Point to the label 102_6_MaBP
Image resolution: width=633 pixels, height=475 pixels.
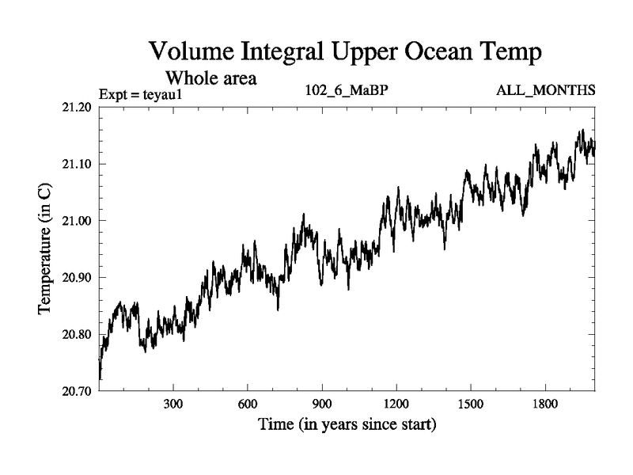pos(347,91)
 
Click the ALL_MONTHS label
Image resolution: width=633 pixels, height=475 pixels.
pos(545,91)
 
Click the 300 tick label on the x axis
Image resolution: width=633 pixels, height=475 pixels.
pos(173,405)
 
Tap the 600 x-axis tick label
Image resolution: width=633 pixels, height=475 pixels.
pos(248,405)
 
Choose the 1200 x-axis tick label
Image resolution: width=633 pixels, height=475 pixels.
pos(396,405)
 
